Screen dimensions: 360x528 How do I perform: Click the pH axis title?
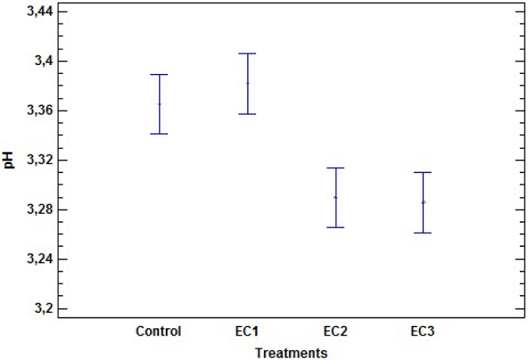9,161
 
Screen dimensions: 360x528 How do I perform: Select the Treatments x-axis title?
291,353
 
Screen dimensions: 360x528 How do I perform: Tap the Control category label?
159,332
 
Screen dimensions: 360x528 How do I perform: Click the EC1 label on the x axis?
247,332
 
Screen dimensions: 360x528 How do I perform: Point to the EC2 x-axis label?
335,332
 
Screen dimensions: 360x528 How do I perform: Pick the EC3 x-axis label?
422,332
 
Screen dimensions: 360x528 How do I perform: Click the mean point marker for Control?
159,104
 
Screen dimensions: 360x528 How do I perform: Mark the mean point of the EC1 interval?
247,83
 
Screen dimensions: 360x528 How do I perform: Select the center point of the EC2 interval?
335,197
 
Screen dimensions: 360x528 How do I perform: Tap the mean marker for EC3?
422,202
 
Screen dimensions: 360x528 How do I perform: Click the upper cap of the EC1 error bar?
247,54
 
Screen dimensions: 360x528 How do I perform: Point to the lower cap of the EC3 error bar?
422,232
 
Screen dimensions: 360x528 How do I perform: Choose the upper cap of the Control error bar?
159,74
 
